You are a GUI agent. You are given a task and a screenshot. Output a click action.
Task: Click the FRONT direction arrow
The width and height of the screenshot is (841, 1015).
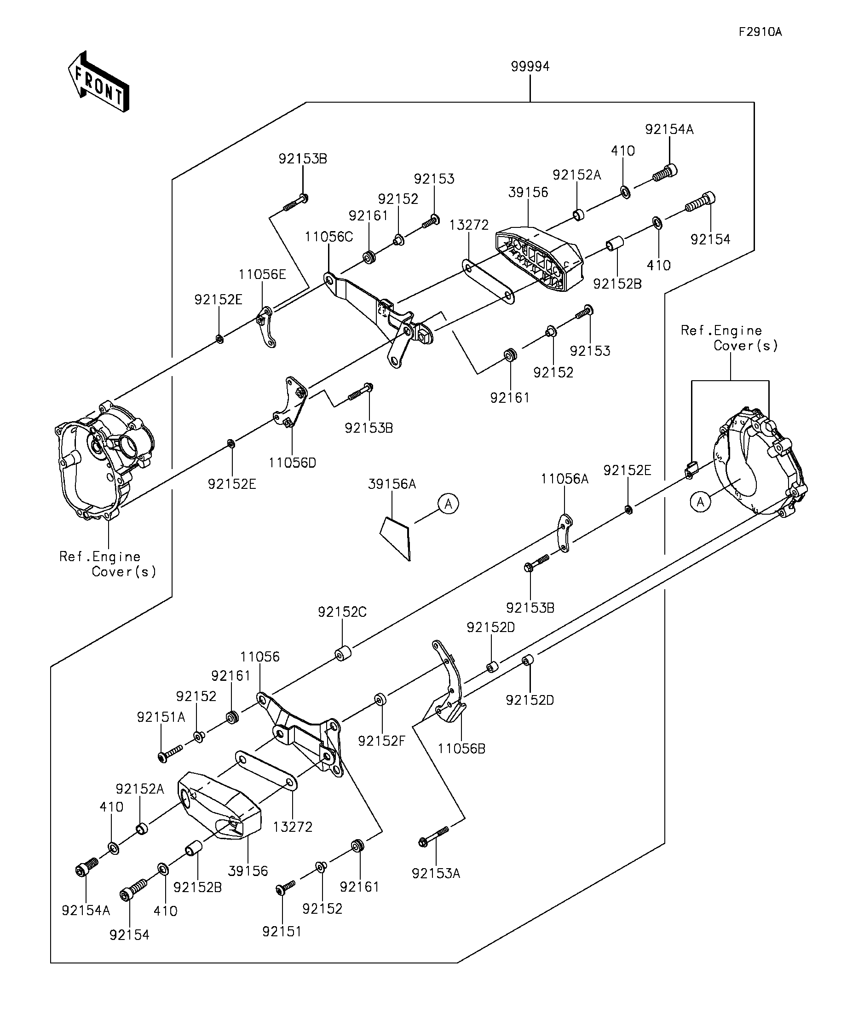coord(98,81)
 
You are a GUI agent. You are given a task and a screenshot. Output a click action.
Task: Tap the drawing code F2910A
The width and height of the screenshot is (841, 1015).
coord(760,32)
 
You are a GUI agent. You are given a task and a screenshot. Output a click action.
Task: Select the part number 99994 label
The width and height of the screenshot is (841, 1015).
coord(530,66)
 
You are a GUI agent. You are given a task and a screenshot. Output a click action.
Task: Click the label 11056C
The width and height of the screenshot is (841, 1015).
coord(328,237)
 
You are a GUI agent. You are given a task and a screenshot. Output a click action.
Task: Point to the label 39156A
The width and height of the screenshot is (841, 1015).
coord(392,484)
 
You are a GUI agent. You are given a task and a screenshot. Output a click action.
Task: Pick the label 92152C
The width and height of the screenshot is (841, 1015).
coord(342,612)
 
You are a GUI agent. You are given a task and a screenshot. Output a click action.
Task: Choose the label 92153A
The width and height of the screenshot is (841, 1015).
coord(436,873)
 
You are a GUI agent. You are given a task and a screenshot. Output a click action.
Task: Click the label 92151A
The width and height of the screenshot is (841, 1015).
coord(161,717)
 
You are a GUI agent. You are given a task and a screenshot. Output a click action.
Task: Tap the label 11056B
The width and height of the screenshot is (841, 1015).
coord(461,748)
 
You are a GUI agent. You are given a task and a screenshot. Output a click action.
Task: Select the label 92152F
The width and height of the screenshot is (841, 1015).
coord(381,741)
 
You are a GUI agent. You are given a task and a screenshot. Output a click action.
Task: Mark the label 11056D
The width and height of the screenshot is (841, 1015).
coord(292,463)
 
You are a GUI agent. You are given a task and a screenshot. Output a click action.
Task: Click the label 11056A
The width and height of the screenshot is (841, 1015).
coord(564,479)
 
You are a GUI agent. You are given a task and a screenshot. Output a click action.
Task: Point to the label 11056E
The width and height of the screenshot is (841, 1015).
coord(262,274)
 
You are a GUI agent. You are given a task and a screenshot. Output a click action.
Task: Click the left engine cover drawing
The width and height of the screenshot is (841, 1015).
coord(104,460)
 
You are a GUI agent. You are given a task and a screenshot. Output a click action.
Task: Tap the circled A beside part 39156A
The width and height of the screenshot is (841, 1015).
coord(448,504)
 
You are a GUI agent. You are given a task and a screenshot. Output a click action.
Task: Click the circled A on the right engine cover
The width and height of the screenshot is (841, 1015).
coord(700,502)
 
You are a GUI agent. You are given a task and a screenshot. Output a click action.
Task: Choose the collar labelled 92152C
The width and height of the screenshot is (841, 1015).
coord(343,653)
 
